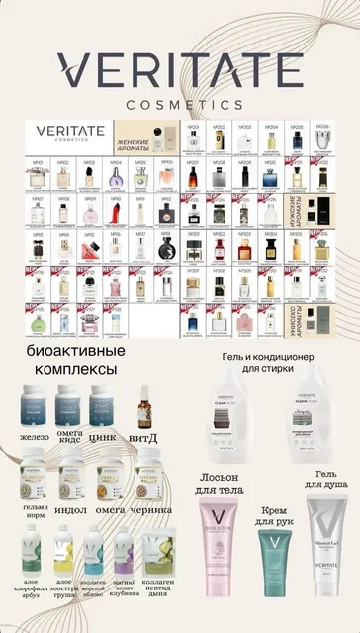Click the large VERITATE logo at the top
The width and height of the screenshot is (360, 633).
179,70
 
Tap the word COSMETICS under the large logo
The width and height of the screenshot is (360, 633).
179,103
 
